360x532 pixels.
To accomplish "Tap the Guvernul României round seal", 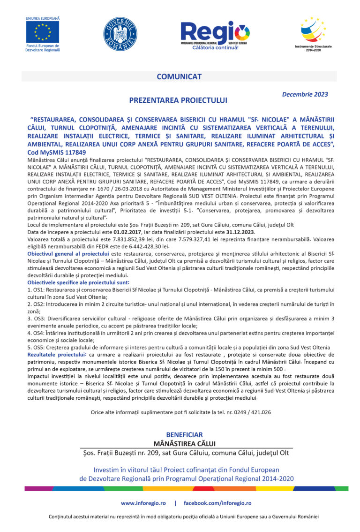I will pos(120,34).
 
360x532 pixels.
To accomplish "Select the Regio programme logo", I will pos(216,34).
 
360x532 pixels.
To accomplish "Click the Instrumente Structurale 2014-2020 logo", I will pos(314,30).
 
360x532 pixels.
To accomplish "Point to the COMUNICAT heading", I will pos(179,76).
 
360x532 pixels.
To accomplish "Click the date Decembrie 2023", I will pos(305,94).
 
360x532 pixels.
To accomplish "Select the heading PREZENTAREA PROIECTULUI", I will pos(178,100).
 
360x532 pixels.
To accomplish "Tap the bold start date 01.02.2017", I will pos(111,232).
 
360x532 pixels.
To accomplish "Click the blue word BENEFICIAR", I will pos(184,435).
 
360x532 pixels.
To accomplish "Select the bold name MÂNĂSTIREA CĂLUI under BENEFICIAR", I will pos(184,443).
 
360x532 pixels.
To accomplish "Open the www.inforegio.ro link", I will pos(143,503).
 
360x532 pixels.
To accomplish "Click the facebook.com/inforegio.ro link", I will pos(217,503).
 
